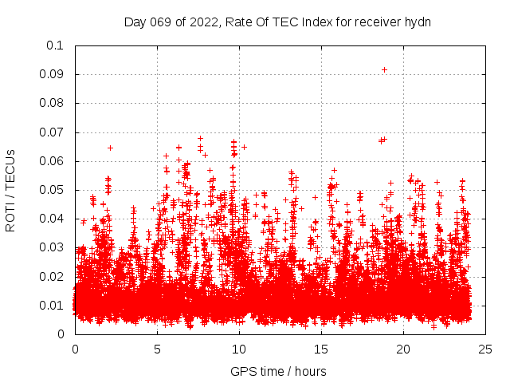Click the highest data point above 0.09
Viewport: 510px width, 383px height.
(x=384, y=70)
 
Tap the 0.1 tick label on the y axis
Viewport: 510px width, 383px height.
(x=57, y=45)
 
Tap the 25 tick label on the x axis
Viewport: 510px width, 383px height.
(x=485, y=349)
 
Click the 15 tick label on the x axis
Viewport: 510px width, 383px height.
(x=321, y=349)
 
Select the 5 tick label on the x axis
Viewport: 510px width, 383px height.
(x=157, y=349)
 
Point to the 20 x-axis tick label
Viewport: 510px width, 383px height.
(x=403, y=349)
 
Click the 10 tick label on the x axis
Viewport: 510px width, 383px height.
(x=239, y=349)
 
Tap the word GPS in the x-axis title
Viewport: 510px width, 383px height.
(x=242, y=371)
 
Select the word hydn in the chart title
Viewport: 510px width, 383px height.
(x=418, y=22)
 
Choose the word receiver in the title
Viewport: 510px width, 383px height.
(x=378, y=22)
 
